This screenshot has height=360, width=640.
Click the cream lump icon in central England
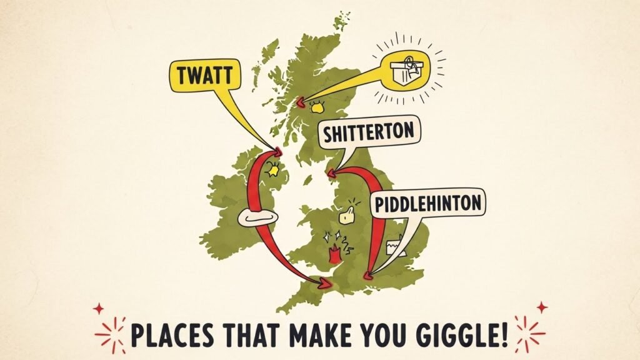(x=346, y=216)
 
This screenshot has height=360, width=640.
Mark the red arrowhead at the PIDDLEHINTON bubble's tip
(x=368, y=272)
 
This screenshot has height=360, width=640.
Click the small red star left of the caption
(x=97, y=309)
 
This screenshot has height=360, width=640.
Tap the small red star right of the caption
(x=541, y=307)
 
